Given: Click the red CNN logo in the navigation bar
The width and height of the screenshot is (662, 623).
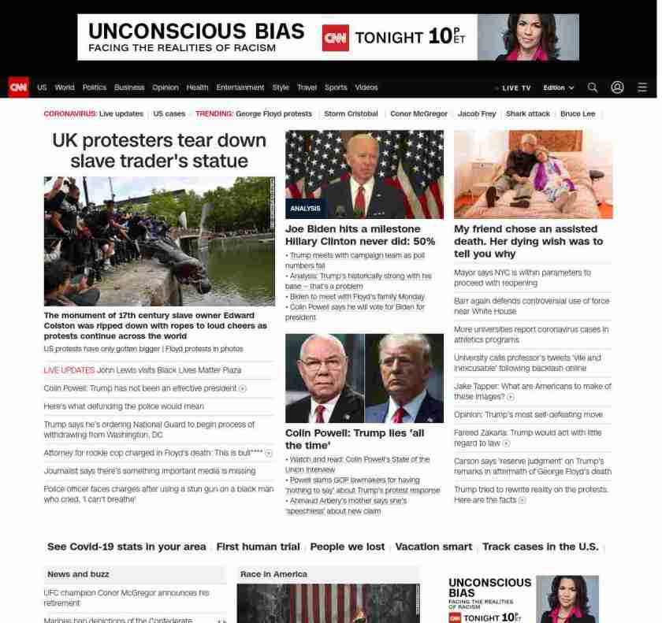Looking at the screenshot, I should coord(18,87).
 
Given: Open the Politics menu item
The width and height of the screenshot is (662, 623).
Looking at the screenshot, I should coord(94,87).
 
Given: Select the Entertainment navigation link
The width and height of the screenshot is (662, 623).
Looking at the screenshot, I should coord(240,87).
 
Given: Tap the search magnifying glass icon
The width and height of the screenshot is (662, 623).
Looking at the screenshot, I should coord(593,87).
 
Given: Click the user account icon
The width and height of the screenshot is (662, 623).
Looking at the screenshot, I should coord(617,87).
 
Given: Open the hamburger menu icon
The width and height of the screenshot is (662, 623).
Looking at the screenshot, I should coord(642,87).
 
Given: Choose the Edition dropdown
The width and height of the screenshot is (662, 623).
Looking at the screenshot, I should coord(558,87).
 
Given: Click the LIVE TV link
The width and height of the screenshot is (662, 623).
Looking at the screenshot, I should coord(515,87).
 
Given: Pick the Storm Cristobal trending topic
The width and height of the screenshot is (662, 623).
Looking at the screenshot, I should coord(351,113).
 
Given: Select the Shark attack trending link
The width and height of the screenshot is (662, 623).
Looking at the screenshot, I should coord(528,113).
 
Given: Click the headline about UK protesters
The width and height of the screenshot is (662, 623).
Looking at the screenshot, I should coord(159,150).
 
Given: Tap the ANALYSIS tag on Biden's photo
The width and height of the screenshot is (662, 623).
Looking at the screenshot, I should coord(305,209).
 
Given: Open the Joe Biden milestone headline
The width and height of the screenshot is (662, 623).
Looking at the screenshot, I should coord(360,235).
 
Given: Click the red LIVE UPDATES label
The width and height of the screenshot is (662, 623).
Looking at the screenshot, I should coord(69,370).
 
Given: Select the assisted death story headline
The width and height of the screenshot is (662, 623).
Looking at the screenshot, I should coord(528,241).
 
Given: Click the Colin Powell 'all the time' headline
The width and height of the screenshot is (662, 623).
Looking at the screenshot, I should coord(355,439).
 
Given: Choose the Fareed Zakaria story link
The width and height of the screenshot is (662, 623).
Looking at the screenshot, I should coord(527,437).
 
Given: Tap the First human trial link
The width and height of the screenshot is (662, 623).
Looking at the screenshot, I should coord(258,547).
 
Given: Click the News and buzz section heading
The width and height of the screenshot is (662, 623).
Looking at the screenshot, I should coord(78,574).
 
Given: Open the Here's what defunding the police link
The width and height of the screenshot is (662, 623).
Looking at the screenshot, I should coord(124,406).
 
